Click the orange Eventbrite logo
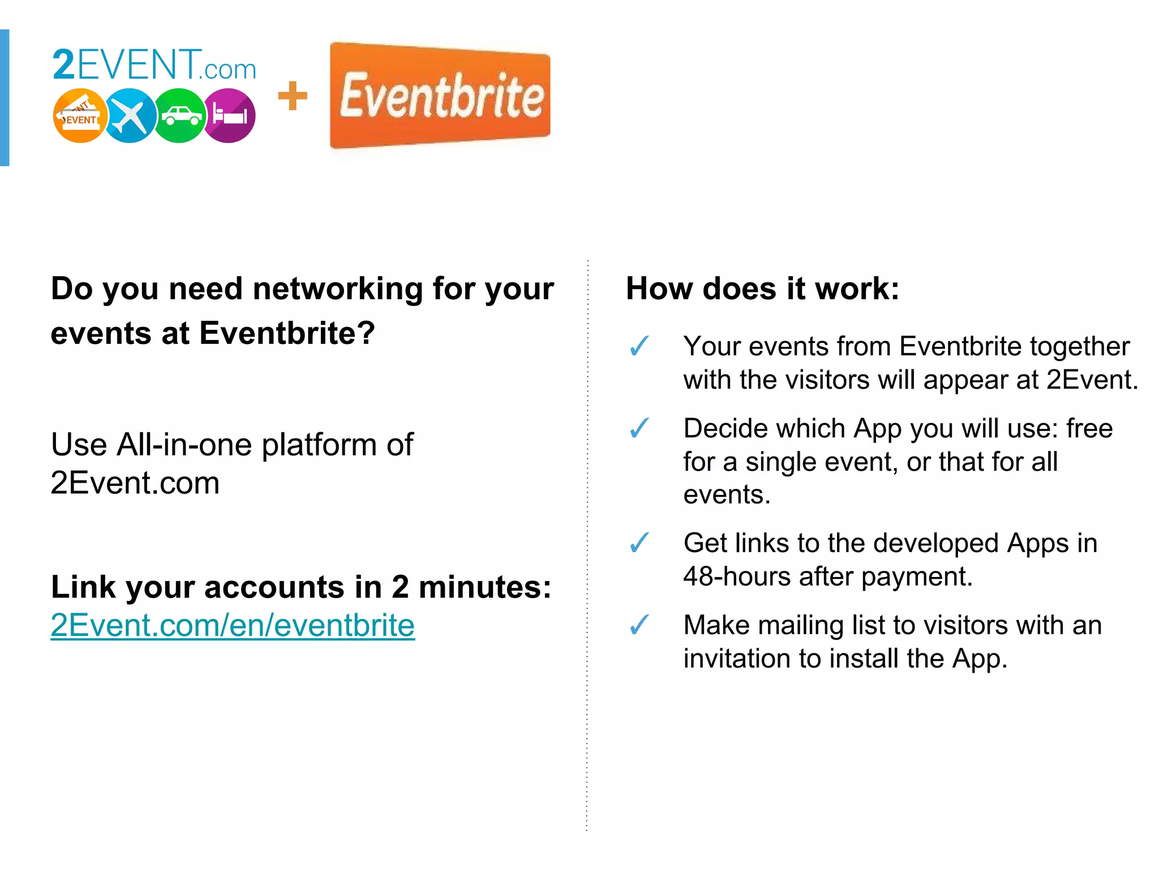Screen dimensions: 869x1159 click(440, 96)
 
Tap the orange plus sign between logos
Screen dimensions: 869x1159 click(293, 96)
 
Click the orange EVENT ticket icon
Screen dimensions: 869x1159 click(80, 116)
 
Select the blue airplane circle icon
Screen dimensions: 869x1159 click(130, 116)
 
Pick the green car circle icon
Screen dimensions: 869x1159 click(179, 116)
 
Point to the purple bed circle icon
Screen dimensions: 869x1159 click(229, 116)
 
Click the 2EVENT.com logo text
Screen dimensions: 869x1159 click(154, 65)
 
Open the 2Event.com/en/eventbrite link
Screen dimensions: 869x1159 click(233, 625)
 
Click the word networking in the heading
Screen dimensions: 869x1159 click(337, 289)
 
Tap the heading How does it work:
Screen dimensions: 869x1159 click(762, 289)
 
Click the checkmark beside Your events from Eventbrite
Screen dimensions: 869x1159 click(639, 346)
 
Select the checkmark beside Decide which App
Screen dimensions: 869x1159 click(639, 428)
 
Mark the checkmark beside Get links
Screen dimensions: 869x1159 click(639, 543)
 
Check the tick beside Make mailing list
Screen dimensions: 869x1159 click(639, 625)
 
